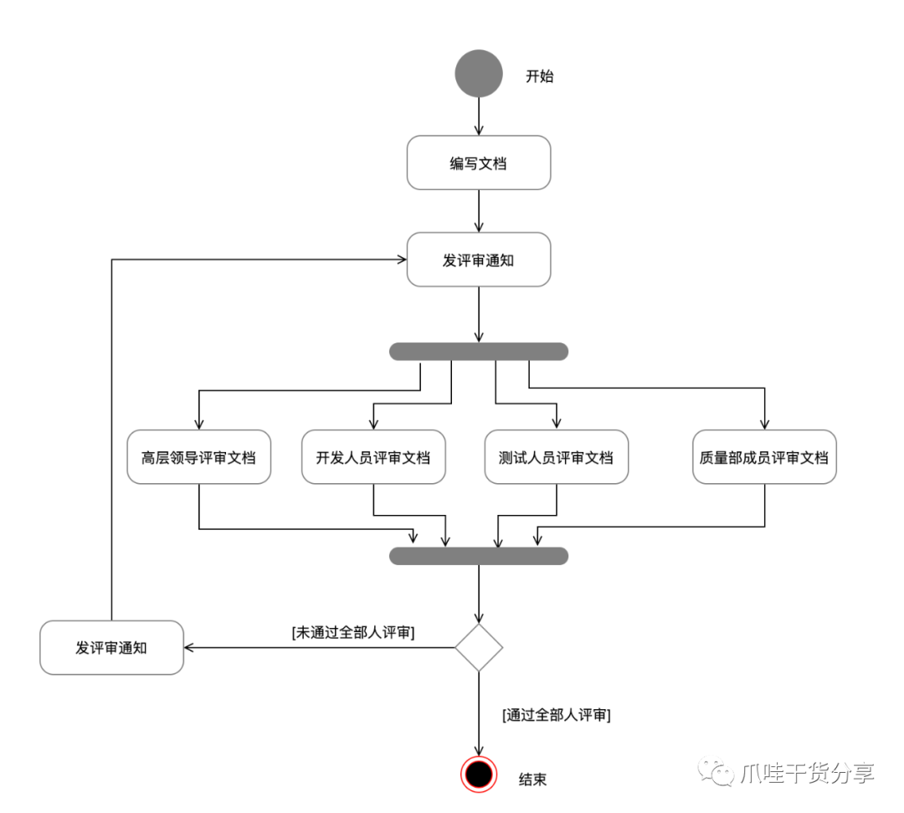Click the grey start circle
tap(479, 74)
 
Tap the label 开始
tap(539, 76)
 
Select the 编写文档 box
tap(479, 162)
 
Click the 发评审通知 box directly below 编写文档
tap(479, 260)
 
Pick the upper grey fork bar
tap(479, 352)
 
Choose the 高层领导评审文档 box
tap(199, 457)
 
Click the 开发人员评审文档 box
tap(373, 457)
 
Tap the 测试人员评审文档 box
tap(557, 457)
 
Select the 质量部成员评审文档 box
tap(764, 457)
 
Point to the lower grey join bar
tap(479, 556)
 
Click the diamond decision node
tap(479, 647)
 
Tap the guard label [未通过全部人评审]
tap(353, 633)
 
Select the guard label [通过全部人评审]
tap(556, 715)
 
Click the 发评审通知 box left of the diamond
tap(111, 647)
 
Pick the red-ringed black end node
tap(479, 774)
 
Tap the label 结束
tap(533, 780)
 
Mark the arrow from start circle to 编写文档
tap(479, 116)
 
